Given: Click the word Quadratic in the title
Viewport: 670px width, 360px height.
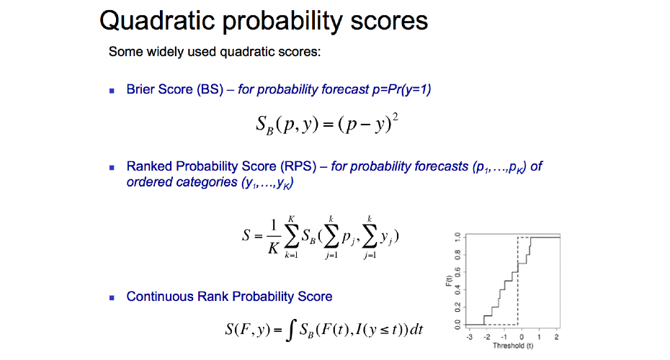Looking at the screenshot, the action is (x=157, y=20).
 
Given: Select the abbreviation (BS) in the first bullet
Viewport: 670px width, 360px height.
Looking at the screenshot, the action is (x=210, y=89).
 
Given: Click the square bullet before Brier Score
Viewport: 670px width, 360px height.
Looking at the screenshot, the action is (x=112, y=91).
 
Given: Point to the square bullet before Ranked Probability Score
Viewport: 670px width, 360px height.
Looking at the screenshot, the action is (x=112, y=168).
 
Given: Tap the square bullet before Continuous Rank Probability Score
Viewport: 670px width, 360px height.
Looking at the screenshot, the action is (x=112, y=297).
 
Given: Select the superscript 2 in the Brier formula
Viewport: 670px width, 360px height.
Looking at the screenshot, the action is (x=396, y=117).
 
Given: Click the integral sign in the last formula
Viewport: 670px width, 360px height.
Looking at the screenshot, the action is (x=290, y=330).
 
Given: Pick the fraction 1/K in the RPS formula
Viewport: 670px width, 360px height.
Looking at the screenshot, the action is (x=274, y=236).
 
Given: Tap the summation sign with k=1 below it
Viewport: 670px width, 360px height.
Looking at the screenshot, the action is (x=292, y=237).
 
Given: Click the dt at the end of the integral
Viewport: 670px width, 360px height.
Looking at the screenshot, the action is (x=416, y=329).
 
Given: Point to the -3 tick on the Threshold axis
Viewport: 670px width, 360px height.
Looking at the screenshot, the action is (x=470, y=337).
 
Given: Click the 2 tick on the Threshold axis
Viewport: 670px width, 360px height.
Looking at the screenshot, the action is (x=556, y=337).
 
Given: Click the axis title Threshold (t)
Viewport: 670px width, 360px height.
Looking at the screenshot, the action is (x=513, y=346).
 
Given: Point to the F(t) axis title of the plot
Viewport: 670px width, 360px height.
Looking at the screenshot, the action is (x=449, y=281).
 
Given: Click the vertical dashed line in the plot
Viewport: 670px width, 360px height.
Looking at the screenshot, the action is (x=518, y=281).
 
